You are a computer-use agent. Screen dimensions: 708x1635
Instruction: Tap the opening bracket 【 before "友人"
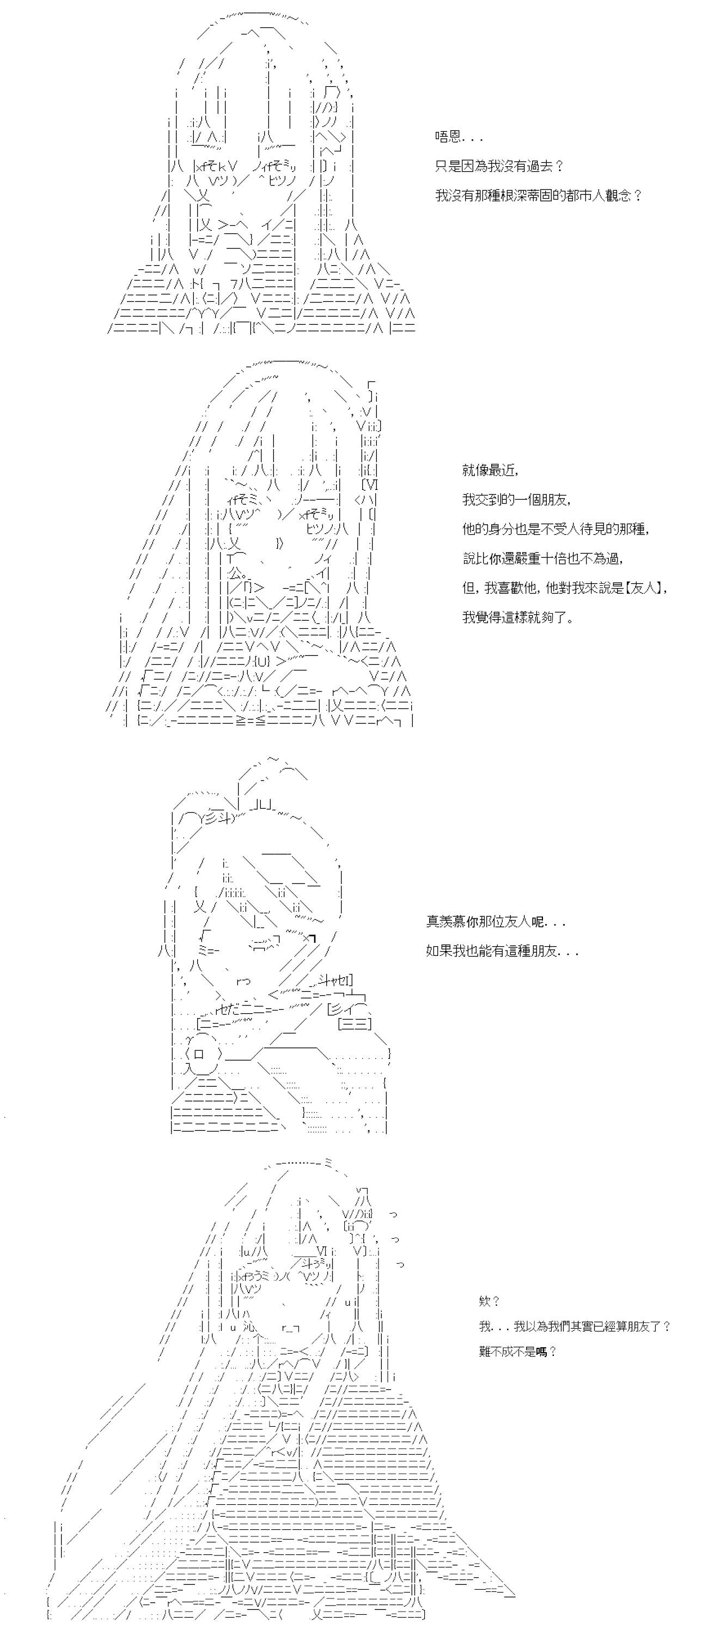(x=627, y=588)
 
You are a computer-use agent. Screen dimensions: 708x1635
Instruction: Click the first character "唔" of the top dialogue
(x=442, y=136)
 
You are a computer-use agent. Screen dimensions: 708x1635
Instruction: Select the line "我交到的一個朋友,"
(x=516, y=500)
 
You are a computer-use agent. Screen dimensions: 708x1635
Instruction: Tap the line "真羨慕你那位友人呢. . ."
(x=496, y=922)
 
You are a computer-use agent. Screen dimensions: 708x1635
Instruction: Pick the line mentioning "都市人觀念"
(x=539, y=196)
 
